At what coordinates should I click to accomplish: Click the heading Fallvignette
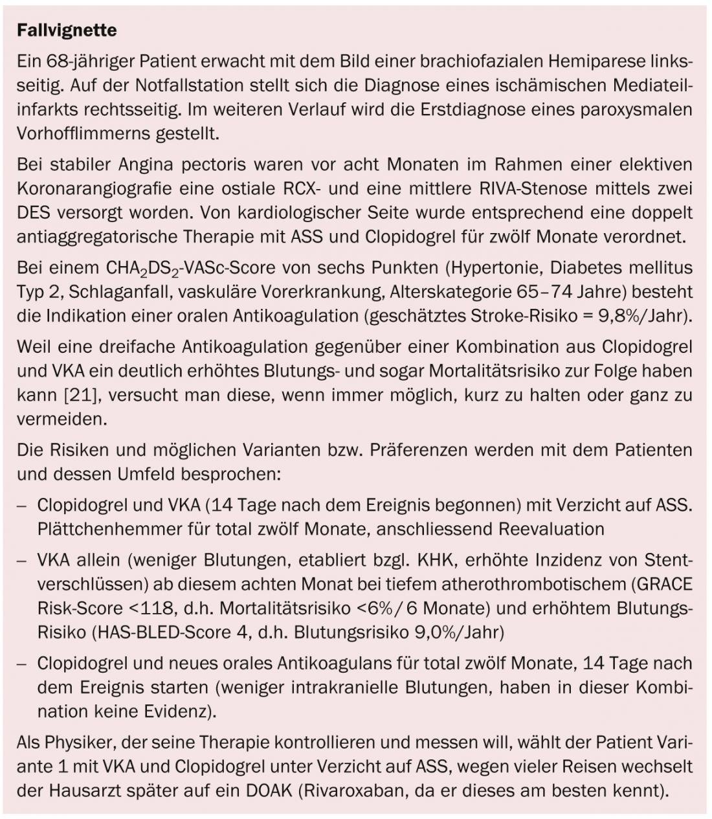tap(67, 30)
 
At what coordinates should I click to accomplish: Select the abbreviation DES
tap(33, 212)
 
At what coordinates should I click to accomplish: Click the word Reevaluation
tap(551, 528)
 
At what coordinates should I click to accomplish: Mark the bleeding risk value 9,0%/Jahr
tap(457, 632)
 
